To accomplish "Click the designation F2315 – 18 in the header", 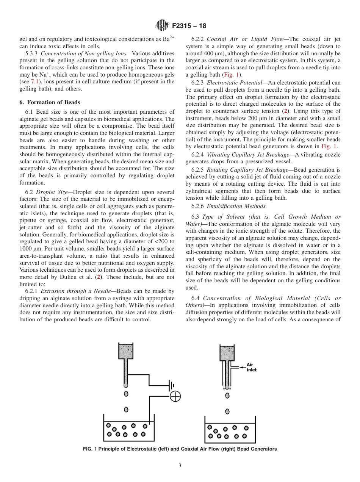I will coord(189,27).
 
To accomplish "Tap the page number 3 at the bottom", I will coord(180,466).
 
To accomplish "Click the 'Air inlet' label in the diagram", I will coord(252,367).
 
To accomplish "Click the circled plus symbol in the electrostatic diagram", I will coord(175,396).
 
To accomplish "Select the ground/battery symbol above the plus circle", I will coord(171,386).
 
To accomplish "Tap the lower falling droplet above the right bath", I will coord(227,411).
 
